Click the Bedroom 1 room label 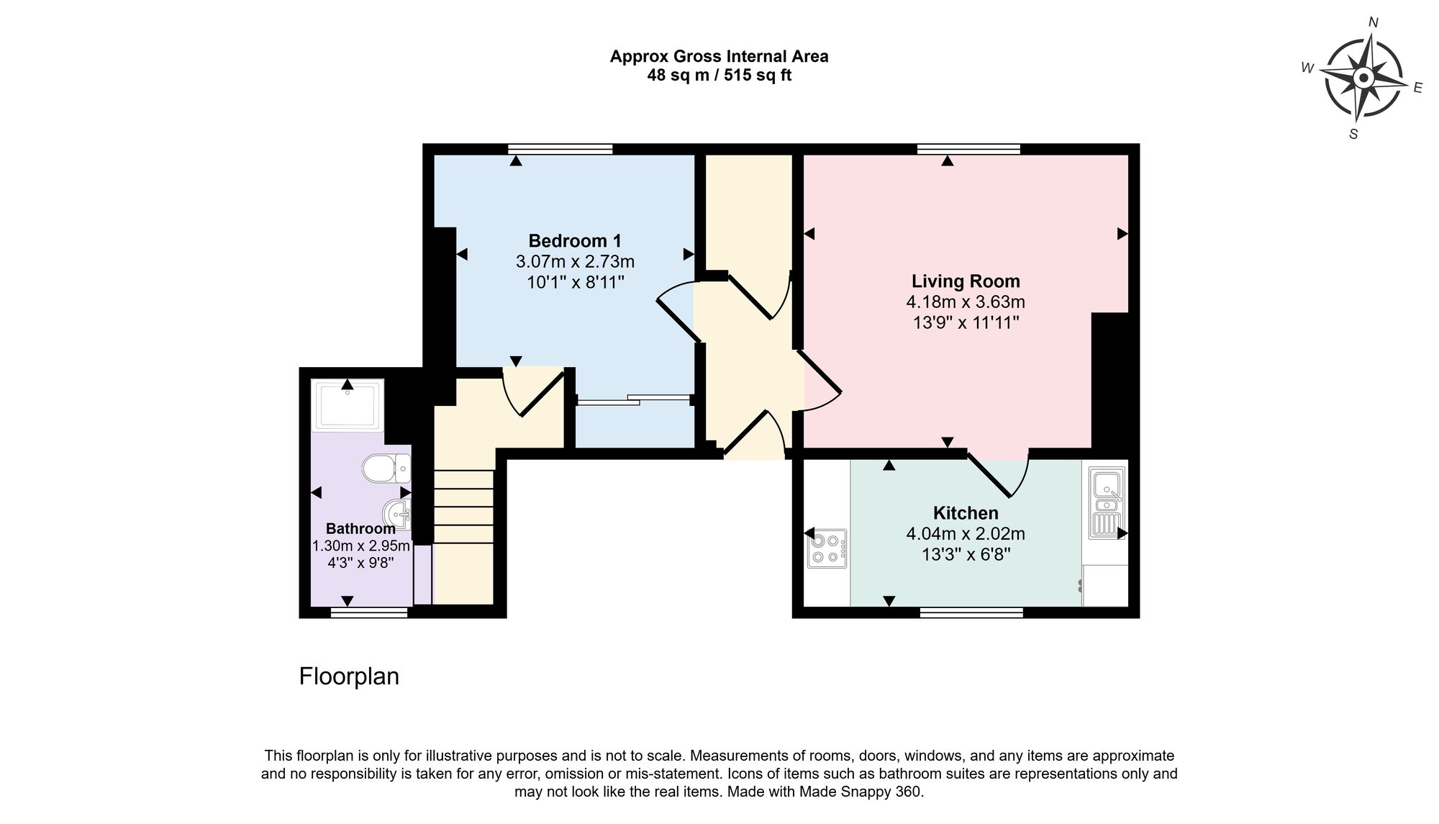(575, 241)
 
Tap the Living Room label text (966, 281)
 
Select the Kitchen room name (966, 513)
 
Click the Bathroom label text (360, 528)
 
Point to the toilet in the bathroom (385, 468)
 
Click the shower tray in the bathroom (348, 405)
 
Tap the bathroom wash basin (396, 513)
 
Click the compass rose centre (1363, 78)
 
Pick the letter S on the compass (1353, 135)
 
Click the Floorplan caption (349, 676)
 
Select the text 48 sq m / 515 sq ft (719, 76)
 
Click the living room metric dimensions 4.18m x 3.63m (966, 302)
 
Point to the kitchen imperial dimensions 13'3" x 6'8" (966, 555)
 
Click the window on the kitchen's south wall (971, 612)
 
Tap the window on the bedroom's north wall (560, 149)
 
